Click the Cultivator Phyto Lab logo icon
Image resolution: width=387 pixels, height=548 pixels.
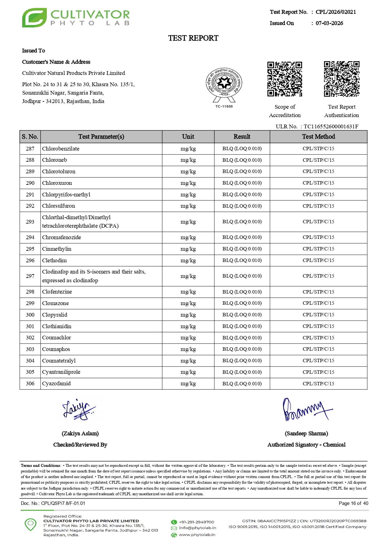click(34, 18)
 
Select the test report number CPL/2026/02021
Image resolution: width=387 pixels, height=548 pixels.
click(336, 12)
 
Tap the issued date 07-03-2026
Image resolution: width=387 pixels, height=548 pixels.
click(329, 23)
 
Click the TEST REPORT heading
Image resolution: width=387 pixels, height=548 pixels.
click(193, 38)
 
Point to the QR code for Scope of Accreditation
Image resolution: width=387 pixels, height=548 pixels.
click(285, 79)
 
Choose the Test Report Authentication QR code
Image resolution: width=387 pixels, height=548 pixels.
click(341, 79)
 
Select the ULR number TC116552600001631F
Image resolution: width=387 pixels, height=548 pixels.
click(331, 126)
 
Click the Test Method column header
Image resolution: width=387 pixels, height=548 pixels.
click(318, 136)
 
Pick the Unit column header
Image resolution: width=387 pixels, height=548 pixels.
click(188, 136)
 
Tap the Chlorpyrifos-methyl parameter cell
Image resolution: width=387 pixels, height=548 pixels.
click(66, 195)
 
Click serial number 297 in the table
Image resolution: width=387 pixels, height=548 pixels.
click(30, 276)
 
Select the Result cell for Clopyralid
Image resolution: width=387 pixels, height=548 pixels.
click(242, 315)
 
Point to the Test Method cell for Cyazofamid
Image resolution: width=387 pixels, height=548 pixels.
click(318, 383)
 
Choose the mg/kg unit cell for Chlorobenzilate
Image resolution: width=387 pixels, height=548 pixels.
click(188, 149)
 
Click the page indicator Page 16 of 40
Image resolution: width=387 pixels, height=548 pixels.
click(353, 503)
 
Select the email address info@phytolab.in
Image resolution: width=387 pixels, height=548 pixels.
click(198, 528)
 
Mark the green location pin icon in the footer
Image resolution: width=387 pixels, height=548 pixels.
click(31, 524)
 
